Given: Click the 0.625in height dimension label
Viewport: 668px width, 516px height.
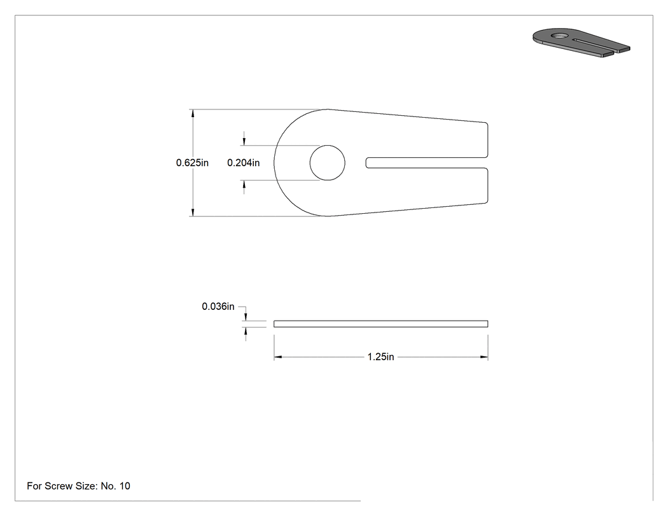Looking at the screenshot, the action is pyautogui.click(x=192, y=163).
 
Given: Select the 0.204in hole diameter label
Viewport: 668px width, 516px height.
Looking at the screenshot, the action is pyautogui.click(x=243, y=163).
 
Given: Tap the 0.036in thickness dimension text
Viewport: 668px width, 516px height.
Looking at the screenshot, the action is pyautogui.click(x=218, y=307).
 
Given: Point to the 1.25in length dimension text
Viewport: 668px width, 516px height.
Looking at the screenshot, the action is pyautogui.click(x=381, y=357).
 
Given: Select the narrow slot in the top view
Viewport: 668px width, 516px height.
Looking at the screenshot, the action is pyautogui.click(x=426, y=163).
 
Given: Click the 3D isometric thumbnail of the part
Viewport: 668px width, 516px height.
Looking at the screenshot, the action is pyautogui.click(x=581, y=43).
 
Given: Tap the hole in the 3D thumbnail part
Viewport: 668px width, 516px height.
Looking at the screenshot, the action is pyautogui.click(x=560, y=35).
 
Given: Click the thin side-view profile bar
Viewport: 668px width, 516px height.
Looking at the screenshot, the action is pyautogui.click(x=381, y=324).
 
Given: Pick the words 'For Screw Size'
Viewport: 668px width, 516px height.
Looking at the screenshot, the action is pyautogui.click(x=62, y=486).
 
